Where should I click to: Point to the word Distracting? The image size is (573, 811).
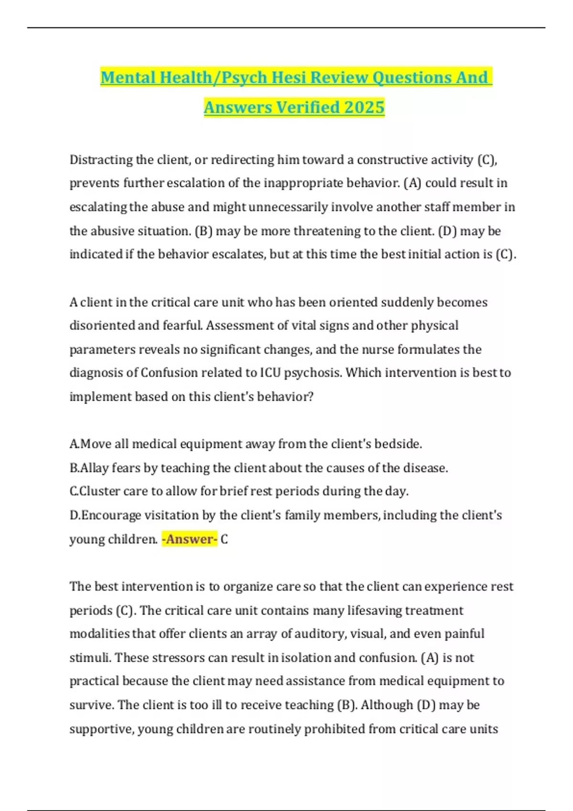click(101, 159)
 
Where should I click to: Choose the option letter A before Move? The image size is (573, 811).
click(74, 444)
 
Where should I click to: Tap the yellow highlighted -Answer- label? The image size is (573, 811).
click(190, 539)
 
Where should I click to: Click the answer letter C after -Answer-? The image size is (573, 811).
click(224, 539)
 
